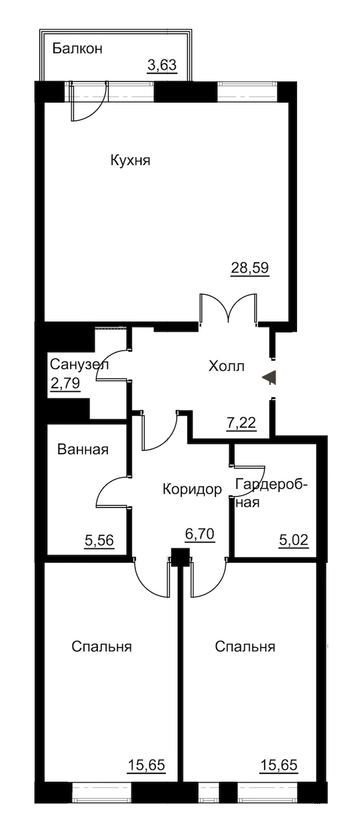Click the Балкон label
pos(77,49)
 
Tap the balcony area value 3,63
pos(162,65)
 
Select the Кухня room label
pos(130,161)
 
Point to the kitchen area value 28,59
pos(250,268)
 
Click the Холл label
pos(226,366)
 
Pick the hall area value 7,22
pos(241,422)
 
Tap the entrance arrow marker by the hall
pos(269,377)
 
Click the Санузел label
pos(79,364)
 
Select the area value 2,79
pos(65,383)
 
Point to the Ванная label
pos(83,449)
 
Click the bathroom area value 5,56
pos(99,541)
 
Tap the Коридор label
pos(192,489)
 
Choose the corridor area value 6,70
pos(200,535)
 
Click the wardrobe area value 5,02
pos(294,540)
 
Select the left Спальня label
pos(101,647)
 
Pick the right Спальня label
pos(245,647)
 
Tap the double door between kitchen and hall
pos(229,308)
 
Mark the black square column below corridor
pos(180,557)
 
